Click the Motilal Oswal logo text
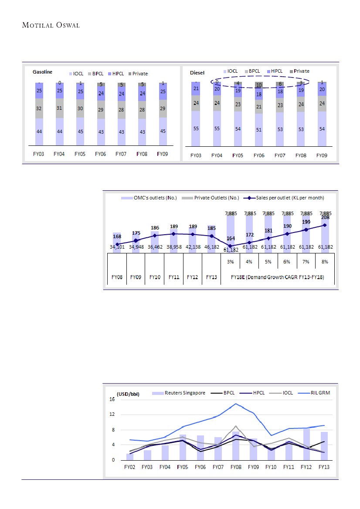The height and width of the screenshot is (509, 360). click(x=50, y=24)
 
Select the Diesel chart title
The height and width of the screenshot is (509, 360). click(x=197, y=72)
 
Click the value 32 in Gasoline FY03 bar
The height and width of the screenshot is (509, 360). click(x=39, y=108)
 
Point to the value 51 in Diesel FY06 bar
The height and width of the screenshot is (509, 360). click(x=259, y=129)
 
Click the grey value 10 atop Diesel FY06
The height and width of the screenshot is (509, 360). click(x=259, y=85)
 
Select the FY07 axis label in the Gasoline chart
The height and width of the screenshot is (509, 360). click(x=122, y=154)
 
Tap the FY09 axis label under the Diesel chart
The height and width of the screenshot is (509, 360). click(x=322, y=155)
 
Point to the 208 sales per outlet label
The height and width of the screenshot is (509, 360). click(x=324, y=218)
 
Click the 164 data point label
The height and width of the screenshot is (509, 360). click(x=231, y=238)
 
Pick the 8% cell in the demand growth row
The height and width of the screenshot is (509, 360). click(x=324, y=262)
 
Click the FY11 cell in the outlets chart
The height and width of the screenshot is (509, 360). click(x=173, y=276)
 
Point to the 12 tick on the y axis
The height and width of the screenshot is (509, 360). click(x=112, y=415)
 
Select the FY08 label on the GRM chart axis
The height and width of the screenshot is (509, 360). click(x=235, y=467)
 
